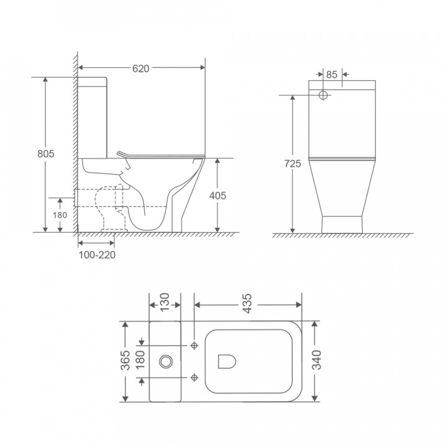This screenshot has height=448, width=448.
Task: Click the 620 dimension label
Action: [140, 69]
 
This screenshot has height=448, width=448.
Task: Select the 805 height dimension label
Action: [46, 154]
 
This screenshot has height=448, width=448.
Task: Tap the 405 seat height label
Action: [218, 196]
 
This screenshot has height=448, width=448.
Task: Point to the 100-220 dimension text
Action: [97, 255]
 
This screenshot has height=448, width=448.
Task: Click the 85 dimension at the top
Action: [332, 75]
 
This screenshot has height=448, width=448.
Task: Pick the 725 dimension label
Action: [293, 164]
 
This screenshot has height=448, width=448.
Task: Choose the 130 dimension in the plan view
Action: [165, 303]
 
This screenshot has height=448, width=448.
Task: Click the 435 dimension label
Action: [247, 303]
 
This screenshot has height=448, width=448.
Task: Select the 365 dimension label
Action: [125, 360]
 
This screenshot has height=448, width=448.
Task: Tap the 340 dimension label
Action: [317, 360]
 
